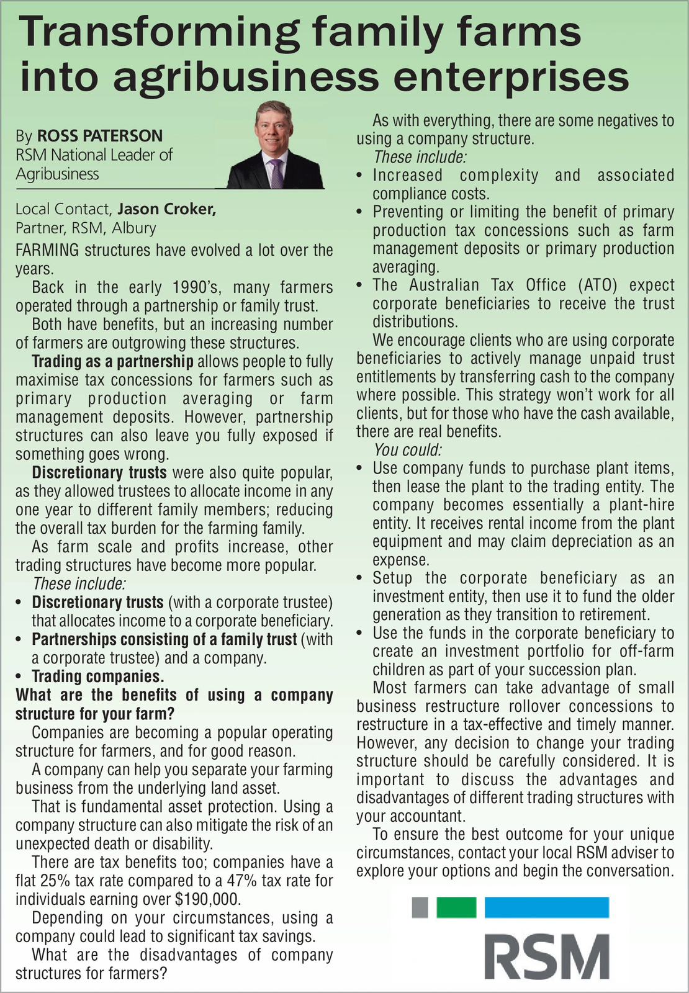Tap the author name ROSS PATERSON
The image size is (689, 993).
coord(100,136)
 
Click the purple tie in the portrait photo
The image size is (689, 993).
coord(276,173)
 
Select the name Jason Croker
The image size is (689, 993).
coord(167,209)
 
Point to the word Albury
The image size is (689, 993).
coord(133,228)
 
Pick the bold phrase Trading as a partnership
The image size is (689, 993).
coord(112,361)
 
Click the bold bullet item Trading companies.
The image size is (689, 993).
coord(97,676)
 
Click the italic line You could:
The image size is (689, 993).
coord(407,450)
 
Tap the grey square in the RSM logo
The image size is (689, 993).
coord(420,907)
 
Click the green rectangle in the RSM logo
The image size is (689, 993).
coord(456,907)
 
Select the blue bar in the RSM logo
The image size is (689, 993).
coord(546,907)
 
